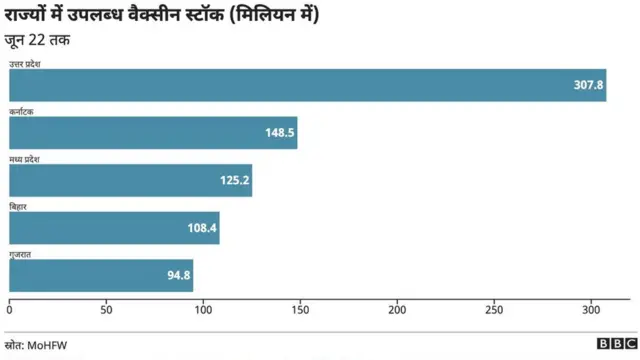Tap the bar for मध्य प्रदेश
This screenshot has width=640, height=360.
(130, 180)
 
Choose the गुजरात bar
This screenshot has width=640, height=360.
(101, 275)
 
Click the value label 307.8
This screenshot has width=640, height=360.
(588, 85)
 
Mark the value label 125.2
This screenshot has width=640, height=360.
(235, 180)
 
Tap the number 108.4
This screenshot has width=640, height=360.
(202, 228)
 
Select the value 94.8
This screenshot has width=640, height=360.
(179, 275)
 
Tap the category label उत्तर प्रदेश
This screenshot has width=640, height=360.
(31, 64)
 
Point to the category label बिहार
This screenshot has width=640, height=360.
(19, 206)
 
